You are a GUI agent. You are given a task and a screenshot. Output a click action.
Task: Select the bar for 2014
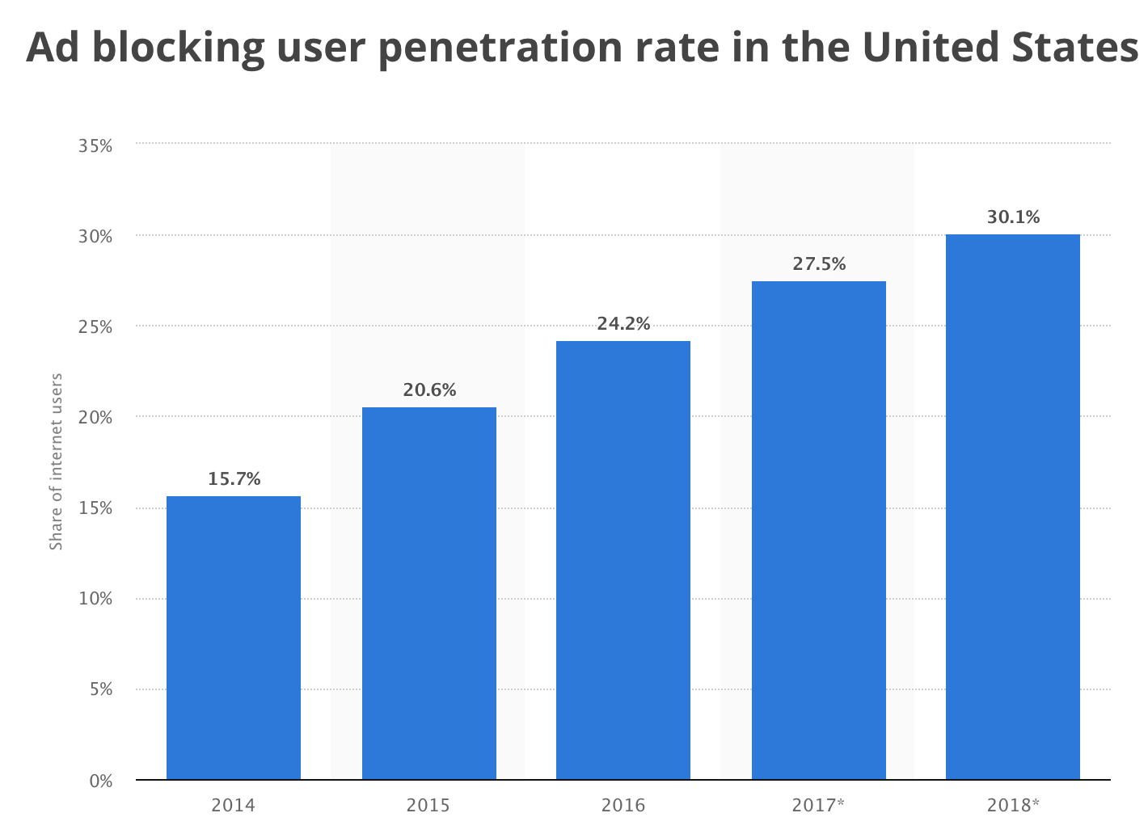click(234, 638)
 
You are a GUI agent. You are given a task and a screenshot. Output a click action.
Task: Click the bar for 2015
click(429, 593)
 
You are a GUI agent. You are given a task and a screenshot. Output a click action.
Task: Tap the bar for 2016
click(623, 560)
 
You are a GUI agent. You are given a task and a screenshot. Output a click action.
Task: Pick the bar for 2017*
click(819, 530)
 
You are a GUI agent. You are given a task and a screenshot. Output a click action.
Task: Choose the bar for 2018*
click(1013, 507)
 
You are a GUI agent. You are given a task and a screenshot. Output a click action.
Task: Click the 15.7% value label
click(234, 478)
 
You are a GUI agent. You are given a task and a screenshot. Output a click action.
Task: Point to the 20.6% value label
click(429, 390)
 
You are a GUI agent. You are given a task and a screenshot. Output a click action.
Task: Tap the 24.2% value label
click(623, 323)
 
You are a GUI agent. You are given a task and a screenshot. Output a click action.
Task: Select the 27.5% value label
click(819, 263)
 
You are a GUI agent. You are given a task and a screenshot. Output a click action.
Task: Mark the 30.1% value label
click(1013, 217)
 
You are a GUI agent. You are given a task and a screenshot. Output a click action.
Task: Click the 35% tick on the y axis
click(95, 145)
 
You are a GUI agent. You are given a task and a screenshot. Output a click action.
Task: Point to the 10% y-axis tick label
click(95, 599)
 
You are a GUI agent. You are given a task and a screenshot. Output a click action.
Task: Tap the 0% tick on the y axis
click(99, 781)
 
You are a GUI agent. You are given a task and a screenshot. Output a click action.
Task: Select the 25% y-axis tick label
click(95, 326)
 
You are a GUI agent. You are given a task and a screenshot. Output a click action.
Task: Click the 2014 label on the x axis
click(233, 805)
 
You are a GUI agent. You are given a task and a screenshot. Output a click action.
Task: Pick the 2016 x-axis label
click(623, 805)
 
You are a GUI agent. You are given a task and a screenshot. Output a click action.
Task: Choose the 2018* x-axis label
click(1013, 805)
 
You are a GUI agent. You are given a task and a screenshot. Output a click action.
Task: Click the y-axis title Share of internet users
click(57, 461)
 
